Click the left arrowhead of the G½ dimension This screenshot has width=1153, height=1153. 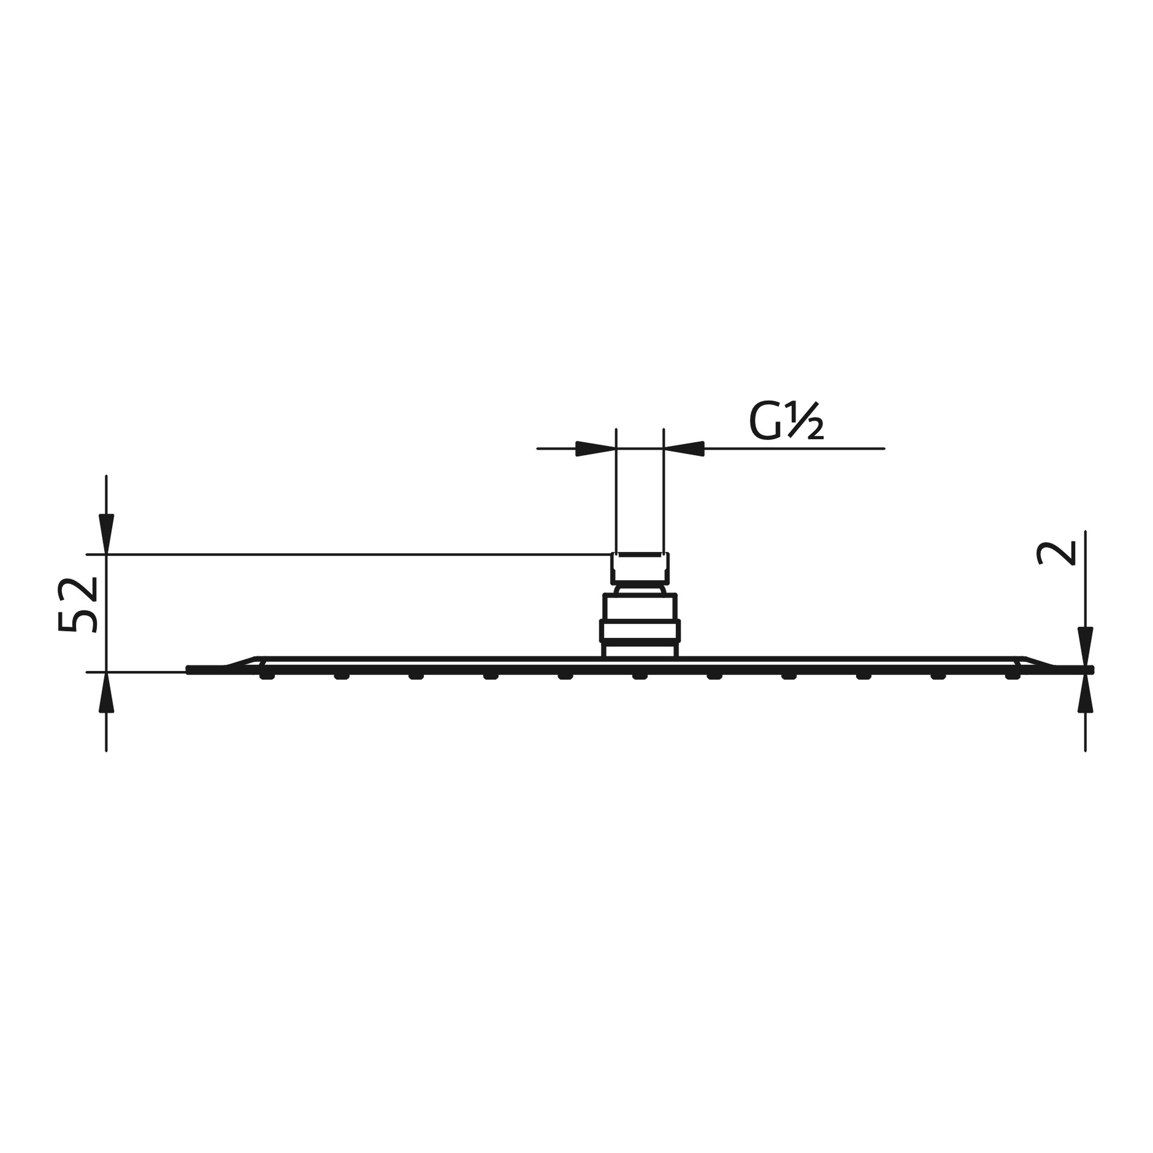click(595, 448)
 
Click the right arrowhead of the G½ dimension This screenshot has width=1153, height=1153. click(684, 448)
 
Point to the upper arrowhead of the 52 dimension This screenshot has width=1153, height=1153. click(106, 534)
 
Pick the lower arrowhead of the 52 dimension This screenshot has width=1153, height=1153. click(106, 692)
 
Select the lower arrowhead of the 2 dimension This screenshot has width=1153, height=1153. click(1085, 693)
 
